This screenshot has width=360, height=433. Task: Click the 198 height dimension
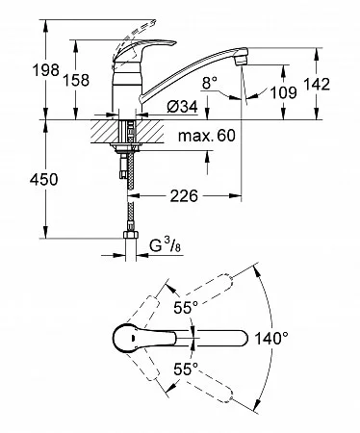coord(46,70)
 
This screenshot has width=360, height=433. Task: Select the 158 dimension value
coord(76,80)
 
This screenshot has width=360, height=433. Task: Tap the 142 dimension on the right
coord(317,84)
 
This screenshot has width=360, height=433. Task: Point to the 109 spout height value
coord(283,92)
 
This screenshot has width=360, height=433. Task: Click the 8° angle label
coord(210,84)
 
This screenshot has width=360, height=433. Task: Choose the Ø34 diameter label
coord(182,107)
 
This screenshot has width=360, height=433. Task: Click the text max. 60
coord(207,136)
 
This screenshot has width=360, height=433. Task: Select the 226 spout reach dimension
coord(184,196)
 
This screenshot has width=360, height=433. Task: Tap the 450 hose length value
coord(44,179)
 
